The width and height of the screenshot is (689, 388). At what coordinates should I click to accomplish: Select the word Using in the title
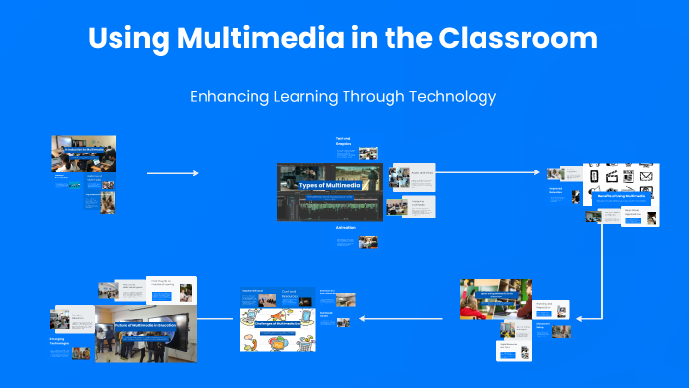pyautogui.click(x=128, y=39)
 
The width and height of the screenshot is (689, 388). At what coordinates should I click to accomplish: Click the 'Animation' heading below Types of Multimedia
pyautogui.click(x=345, y=227)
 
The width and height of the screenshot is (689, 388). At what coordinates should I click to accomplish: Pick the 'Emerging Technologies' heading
pyautogui.click(x=61, y=342)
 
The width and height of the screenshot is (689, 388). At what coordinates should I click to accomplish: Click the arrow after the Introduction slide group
pyautogui.click(x=172, y=173)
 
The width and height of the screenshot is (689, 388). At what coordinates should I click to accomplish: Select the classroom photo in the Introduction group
pyautogui.click(x=83, y=154)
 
